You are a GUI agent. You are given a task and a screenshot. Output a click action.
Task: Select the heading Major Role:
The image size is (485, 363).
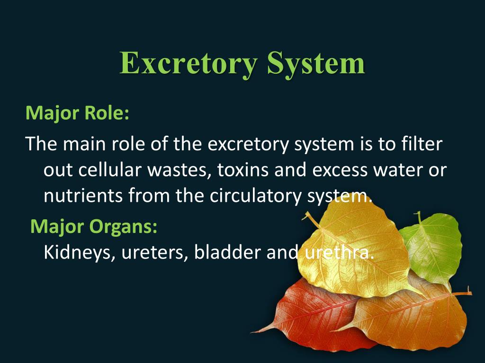(77, 114)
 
